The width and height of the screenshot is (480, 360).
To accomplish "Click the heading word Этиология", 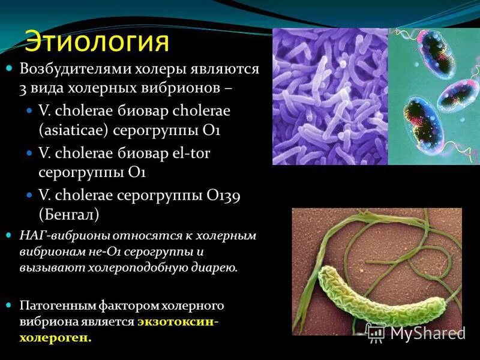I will pos(97,42).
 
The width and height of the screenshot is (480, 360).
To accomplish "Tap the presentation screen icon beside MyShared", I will pos(376,332).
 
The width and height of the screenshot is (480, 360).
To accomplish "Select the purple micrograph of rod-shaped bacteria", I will pos(330,96).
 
